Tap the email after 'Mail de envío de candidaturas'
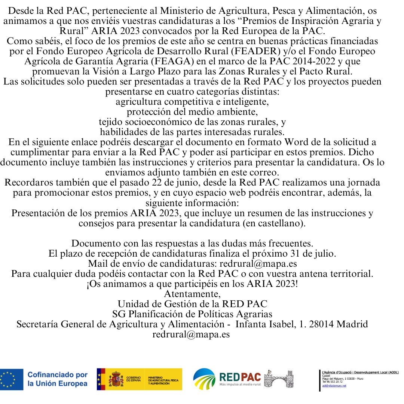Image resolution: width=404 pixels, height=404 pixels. pyautogui.click(x=258, y=263)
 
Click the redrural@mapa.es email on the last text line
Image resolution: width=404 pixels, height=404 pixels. pyautogui.click(x=191, y=334)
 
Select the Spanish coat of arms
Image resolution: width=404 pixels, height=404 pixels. pyautogui.click(x=116, y=379)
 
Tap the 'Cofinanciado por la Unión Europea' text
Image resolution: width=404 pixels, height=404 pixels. pyautogui.click(x=58, y=379)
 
